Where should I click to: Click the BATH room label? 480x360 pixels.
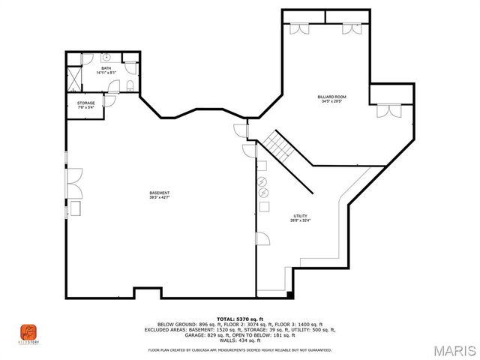pos(106,68)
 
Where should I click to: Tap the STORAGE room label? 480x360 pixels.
pos(87,103)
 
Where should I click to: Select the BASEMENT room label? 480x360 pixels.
pos(159,193)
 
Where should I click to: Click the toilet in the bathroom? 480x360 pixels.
pos(130,84)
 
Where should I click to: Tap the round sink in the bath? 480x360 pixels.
pos(106,57)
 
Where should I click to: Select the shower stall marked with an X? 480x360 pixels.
pos(75,77)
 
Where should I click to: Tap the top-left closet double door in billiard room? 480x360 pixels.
pos(299,28)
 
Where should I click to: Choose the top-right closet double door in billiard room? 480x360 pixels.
pos(349,28)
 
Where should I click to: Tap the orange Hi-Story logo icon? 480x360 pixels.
pos(28,331)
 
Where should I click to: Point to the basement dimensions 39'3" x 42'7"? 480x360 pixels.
pos(159,197)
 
